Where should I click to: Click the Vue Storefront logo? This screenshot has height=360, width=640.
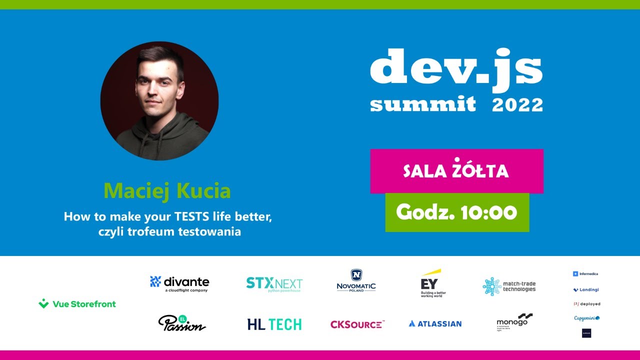[x=77, y=303]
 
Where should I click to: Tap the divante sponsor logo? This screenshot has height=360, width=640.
[x=179, y=283]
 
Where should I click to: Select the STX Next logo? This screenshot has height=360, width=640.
[x=274, y=284]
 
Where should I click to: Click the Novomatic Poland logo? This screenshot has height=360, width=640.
[x=356, y=281]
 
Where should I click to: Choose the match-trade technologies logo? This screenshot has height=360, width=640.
[x=509, y=286]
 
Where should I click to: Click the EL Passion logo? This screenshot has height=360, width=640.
[x=181, y=323]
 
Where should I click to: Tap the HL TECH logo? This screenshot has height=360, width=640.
[x=274, y=324]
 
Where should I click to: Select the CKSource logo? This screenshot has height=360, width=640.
[x=357, y=324]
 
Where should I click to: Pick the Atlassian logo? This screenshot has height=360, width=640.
[x=435, y=323]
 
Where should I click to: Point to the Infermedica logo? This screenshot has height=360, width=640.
[x=585, y=274]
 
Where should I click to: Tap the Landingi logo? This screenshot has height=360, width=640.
[x=586, y=289]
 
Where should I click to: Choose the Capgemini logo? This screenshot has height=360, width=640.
[x=586, y=318]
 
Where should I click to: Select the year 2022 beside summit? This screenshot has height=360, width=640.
[x=517, y=105]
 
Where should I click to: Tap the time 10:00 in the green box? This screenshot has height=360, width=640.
[x=489, y=212]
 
